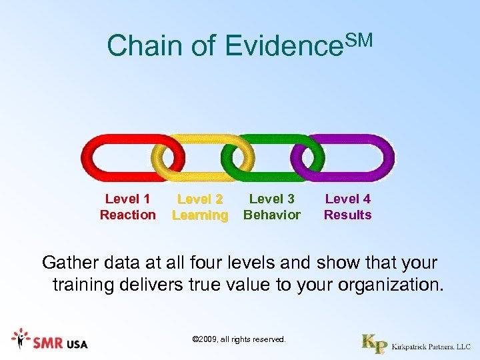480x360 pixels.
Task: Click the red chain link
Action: pyautogui.click(x=100, y=158)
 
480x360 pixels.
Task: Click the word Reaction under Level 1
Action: pyautogui.click(x=127, y=215)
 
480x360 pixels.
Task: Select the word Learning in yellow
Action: pyautogui.click(x=200, y=215)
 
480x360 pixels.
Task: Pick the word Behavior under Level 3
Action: pyautogui.click(x=272, y=215)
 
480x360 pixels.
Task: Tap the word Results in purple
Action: pyautogui.click(x=347, y=215)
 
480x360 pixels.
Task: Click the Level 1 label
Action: pyautogui.click(x=127, y=199)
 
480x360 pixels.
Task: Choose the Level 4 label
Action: pyautogui.click(x=347, y=199)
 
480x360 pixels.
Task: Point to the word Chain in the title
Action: pyautogui.click(x=143, y=46)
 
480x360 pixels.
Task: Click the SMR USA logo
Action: pyautogui.click(x=50, y=341)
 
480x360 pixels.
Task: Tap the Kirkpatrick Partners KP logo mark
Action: pyautogui.click(x=374, y=343)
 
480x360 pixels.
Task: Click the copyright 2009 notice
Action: pyautogui.click(x=239, y=340)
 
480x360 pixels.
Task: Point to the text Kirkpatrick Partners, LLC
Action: pyautogui.click(x=431, y=347)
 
